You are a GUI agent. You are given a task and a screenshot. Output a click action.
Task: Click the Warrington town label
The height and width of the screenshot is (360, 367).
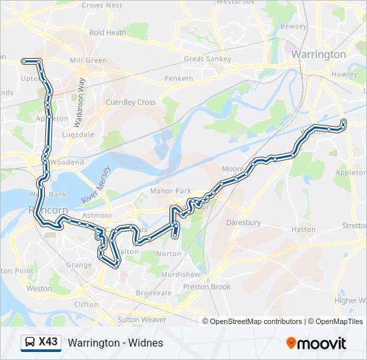318,54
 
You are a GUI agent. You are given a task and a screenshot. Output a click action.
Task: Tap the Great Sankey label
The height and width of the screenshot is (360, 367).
207,59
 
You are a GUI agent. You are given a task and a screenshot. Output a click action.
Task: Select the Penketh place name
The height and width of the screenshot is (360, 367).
179,78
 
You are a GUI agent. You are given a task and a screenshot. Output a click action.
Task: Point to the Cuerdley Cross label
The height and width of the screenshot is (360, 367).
130,102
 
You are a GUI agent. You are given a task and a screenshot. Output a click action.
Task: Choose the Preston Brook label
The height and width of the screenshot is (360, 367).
207,287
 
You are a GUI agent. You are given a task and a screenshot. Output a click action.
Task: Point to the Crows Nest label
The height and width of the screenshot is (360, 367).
101,5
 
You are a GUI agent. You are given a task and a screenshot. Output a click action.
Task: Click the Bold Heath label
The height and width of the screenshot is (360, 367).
107,32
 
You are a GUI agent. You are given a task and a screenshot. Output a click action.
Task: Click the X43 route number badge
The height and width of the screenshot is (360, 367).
48,342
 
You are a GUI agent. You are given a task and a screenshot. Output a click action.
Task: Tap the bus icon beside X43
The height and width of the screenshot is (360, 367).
29,343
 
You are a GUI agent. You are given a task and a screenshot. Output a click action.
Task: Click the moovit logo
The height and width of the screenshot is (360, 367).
316,343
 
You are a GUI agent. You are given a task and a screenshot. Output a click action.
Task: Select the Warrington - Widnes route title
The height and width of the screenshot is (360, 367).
115,343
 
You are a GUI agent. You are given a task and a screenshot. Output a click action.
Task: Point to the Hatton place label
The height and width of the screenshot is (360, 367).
303,229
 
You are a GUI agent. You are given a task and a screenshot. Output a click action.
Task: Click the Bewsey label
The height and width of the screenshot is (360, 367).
294,26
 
